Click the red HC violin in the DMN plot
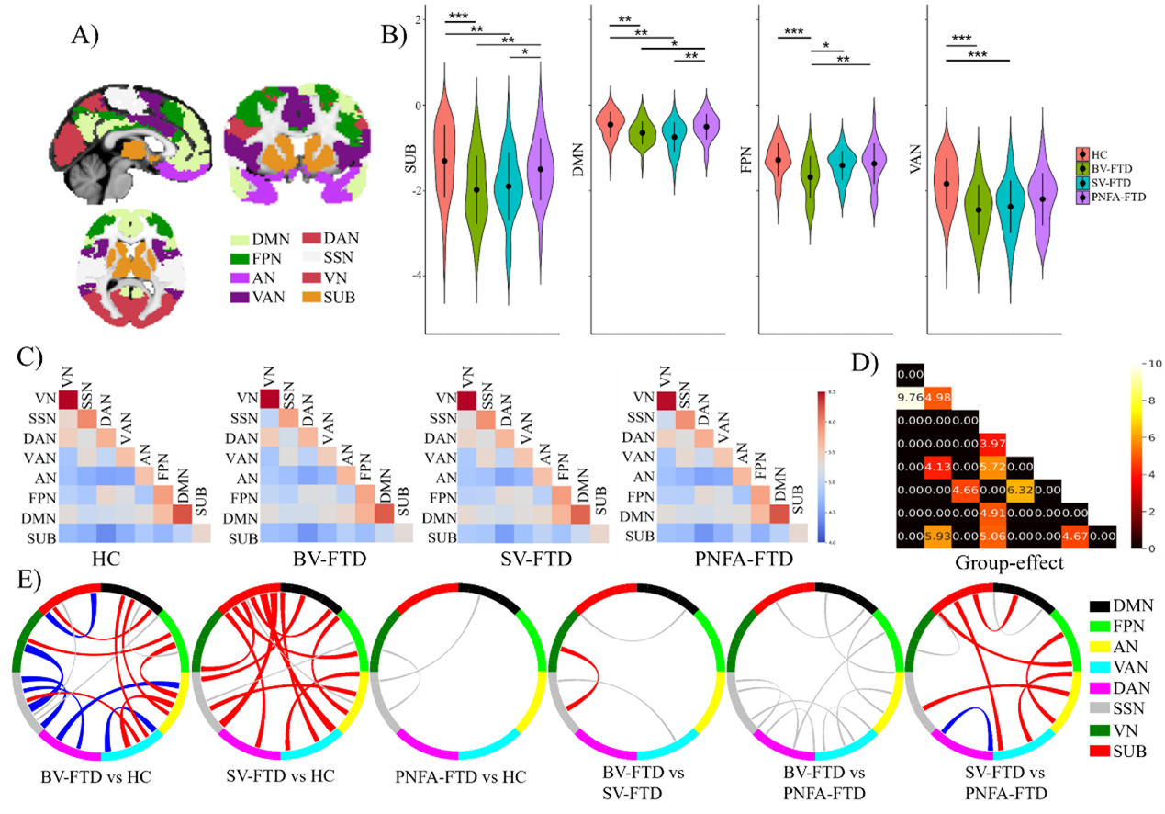pos(610,124)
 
